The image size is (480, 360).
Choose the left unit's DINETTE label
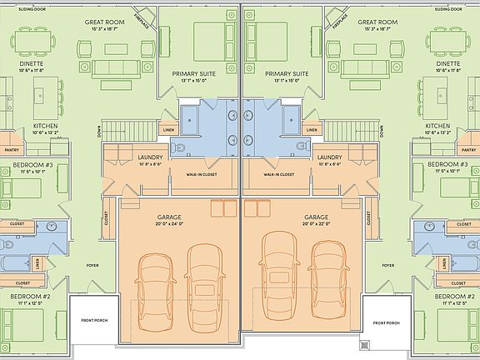32,63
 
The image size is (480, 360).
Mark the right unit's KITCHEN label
437,124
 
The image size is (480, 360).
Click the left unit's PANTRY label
12,150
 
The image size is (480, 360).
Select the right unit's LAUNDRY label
329,157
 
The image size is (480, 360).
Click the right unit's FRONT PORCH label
387,322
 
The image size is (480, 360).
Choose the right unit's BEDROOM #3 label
447,164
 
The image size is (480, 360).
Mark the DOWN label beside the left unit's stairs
98,129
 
